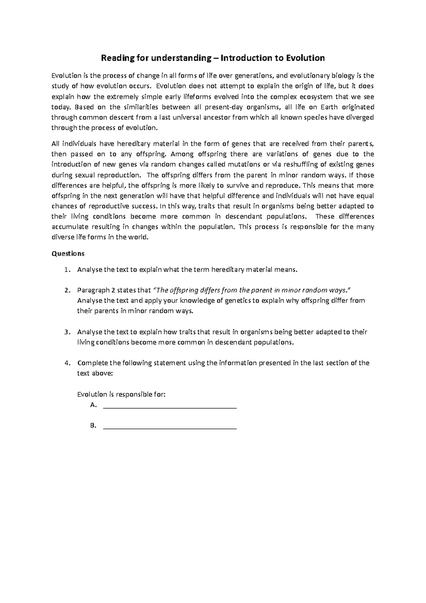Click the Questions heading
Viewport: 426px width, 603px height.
click(68, 254)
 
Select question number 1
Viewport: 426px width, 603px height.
click(66, 270)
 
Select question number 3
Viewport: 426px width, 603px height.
click(66, 332)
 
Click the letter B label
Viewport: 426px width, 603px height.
click(93, 426)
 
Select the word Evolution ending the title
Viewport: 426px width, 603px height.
click(307, 58)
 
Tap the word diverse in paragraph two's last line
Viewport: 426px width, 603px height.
click(62, 237)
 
